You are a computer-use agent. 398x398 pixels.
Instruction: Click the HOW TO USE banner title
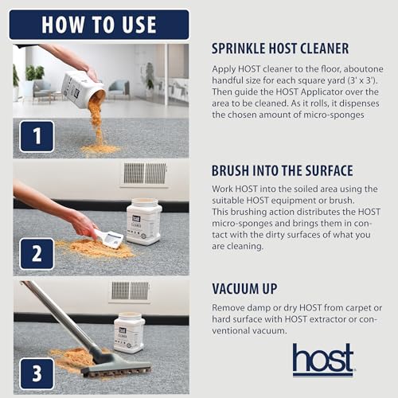coord(99,24)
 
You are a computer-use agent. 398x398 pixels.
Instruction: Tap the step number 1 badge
coord(34,136)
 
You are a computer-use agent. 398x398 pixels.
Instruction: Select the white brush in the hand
coord(109,237)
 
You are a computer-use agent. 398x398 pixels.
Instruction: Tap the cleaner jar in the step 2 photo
coord(143,221)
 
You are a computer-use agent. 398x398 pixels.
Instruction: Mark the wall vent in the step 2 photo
coord(144,174)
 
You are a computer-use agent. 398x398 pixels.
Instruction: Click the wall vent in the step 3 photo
coord(129,291)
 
